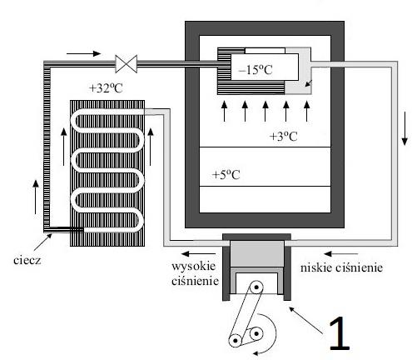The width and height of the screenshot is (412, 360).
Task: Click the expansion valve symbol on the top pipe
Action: pyautogui.click(x=127, y=64)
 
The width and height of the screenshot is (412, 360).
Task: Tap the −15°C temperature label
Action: pyautogui.click(x=256, y=70)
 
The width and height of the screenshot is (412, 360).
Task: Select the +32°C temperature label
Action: pyautogui.click(x=106, y=88)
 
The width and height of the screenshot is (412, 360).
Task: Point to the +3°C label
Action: pyautogui.click(x=283, y=137)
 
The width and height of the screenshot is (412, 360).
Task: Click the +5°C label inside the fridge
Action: pyautogui.click(x=226, y=175)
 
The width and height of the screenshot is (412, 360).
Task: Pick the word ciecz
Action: pyautogui.click(x=27, y=260)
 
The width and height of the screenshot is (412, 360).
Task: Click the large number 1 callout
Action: pyautogui.click(x=339, y=333)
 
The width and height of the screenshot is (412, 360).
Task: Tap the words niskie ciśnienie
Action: pyautogui.click(x=341, y=267)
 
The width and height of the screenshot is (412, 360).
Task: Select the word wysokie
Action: pyautogui.click(x=194, y=266)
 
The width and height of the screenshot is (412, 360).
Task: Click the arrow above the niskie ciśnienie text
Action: pyautogui.click(x=341, y=253)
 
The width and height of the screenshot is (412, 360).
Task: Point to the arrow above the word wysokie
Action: pyautogui.click(x=198, y=253)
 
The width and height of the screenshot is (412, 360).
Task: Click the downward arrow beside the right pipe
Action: pyautogui.click(x=405, y=128)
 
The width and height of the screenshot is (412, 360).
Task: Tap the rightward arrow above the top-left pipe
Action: pyautogui.click(x=83, y=53)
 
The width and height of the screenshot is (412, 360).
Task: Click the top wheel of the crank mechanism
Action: pyautogui.click(x=256, y=287)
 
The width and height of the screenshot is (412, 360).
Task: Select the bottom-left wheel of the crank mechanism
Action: pyautogui.click(x=236, y=340)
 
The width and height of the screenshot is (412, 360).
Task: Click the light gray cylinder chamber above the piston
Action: pyautogui.click(x=257, y=253)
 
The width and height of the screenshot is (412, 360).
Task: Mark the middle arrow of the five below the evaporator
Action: pyautogui.click(x=266, y=112)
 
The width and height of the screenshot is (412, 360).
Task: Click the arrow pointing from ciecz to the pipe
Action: pyautogui.click(x=43, y=242)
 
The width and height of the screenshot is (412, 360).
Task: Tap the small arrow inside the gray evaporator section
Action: pyautogui.click(x=309, y=83)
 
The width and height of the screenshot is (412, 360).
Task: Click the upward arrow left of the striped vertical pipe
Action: pyautogui.click(x=36, y=197)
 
